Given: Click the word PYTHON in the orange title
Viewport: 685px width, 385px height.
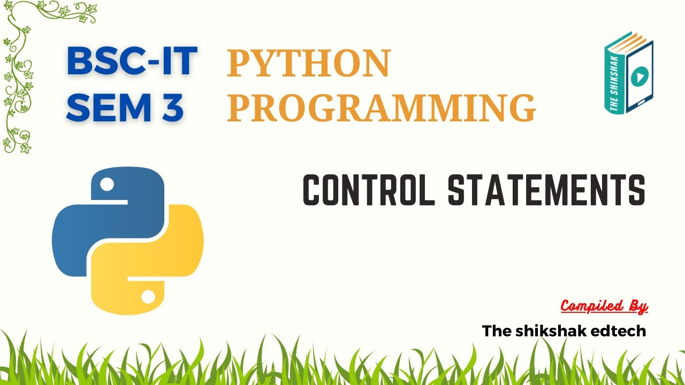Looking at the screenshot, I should point(309,63).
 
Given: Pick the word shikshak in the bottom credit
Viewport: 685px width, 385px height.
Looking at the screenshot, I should point(549,331).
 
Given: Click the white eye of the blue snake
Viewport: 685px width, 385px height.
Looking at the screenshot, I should point(107,185).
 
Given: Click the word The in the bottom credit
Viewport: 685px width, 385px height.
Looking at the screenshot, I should point(497,331).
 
